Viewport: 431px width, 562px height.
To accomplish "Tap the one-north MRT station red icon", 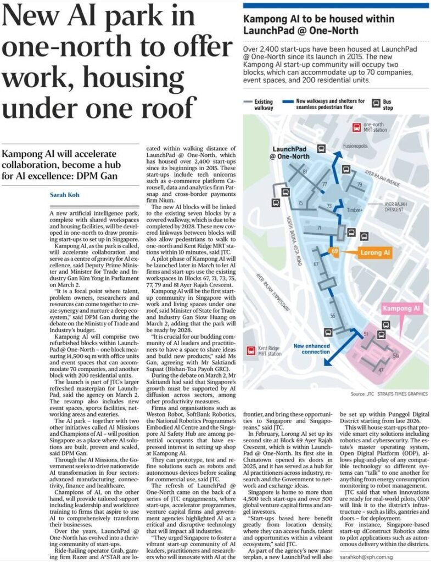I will click(x=355, y=128).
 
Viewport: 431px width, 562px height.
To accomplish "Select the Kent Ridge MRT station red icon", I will click(x=251, y=350).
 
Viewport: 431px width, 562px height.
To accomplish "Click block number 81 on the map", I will click(x=305, y=172).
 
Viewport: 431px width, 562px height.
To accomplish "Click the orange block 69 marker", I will click(x=334, y=251).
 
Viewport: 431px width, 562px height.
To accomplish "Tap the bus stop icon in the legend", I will click(x=378, y=103).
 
